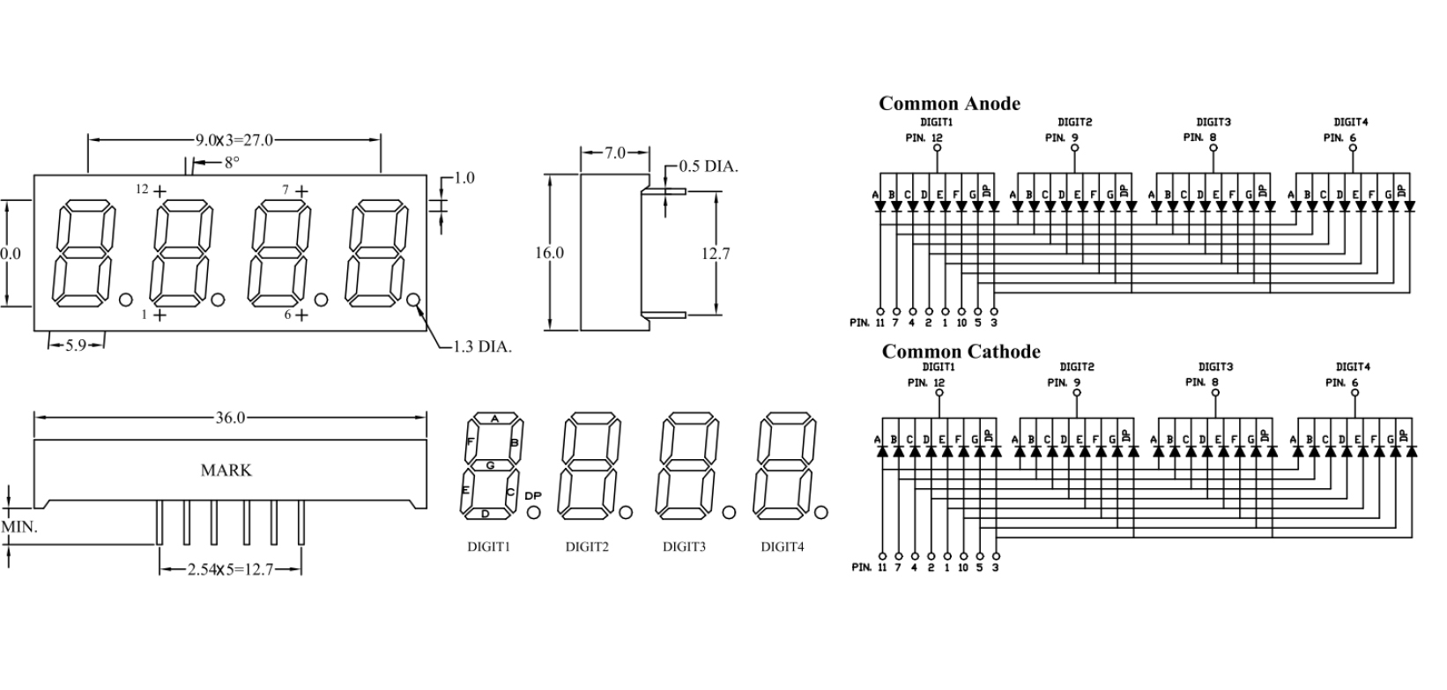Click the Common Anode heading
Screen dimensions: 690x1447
949,104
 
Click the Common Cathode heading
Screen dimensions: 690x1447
961,352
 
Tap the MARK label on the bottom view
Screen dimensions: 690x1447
226,470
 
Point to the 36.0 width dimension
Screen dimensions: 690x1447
230,417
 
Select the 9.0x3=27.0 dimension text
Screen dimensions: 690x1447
234,139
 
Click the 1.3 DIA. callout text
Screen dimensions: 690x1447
482,346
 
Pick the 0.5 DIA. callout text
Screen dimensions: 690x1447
709,167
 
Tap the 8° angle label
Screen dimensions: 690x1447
231,162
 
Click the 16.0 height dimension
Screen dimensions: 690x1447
549,253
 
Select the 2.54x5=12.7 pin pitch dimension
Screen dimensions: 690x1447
230,570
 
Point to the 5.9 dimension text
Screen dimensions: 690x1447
76,345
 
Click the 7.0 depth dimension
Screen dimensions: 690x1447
615,153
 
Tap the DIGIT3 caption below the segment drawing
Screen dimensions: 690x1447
684,546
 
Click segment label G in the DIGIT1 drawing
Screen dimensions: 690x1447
490,464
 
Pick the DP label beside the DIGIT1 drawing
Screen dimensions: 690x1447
533,495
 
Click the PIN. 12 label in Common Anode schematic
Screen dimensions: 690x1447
924,137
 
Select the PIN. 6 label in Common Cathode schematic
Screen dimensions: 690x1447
1342,382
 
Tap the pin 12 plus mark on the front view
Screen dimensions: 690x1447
160,190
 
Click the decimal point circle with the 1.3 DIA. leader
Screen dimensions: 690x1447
413,300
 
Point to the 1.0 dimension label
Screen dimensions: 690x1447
464,178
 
